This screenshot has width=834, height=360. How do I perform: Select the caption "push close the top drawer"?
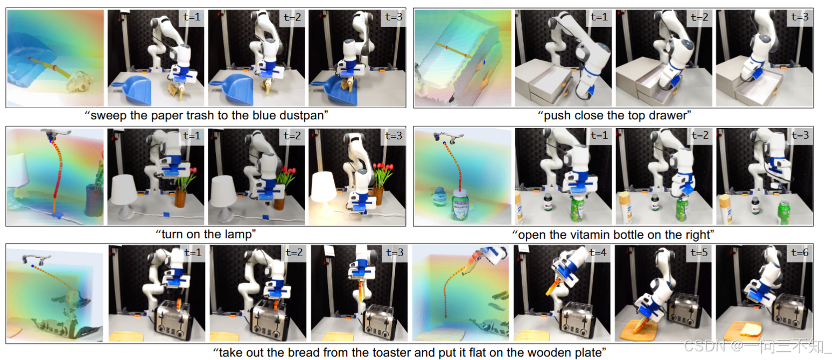(x=614, y=115)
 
